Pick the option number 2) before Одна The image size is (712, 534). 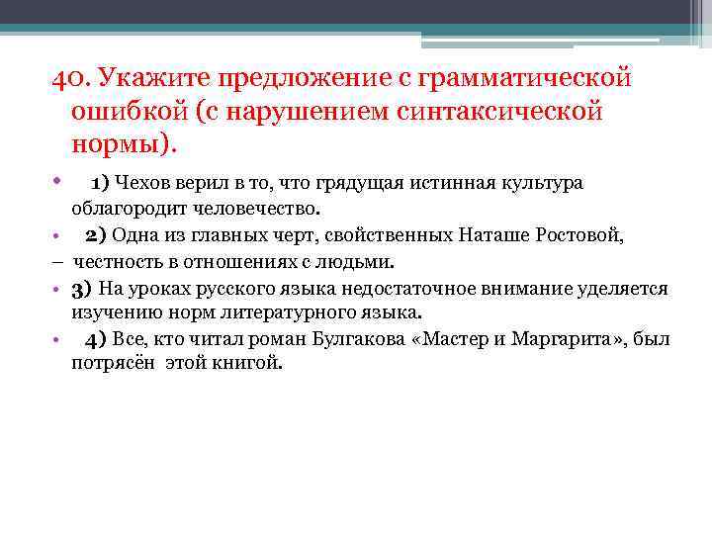pos(95,236)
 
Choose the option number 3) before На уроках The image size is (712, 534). pos(81,289)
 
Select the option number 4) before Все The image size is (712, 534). pos(96,340)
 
